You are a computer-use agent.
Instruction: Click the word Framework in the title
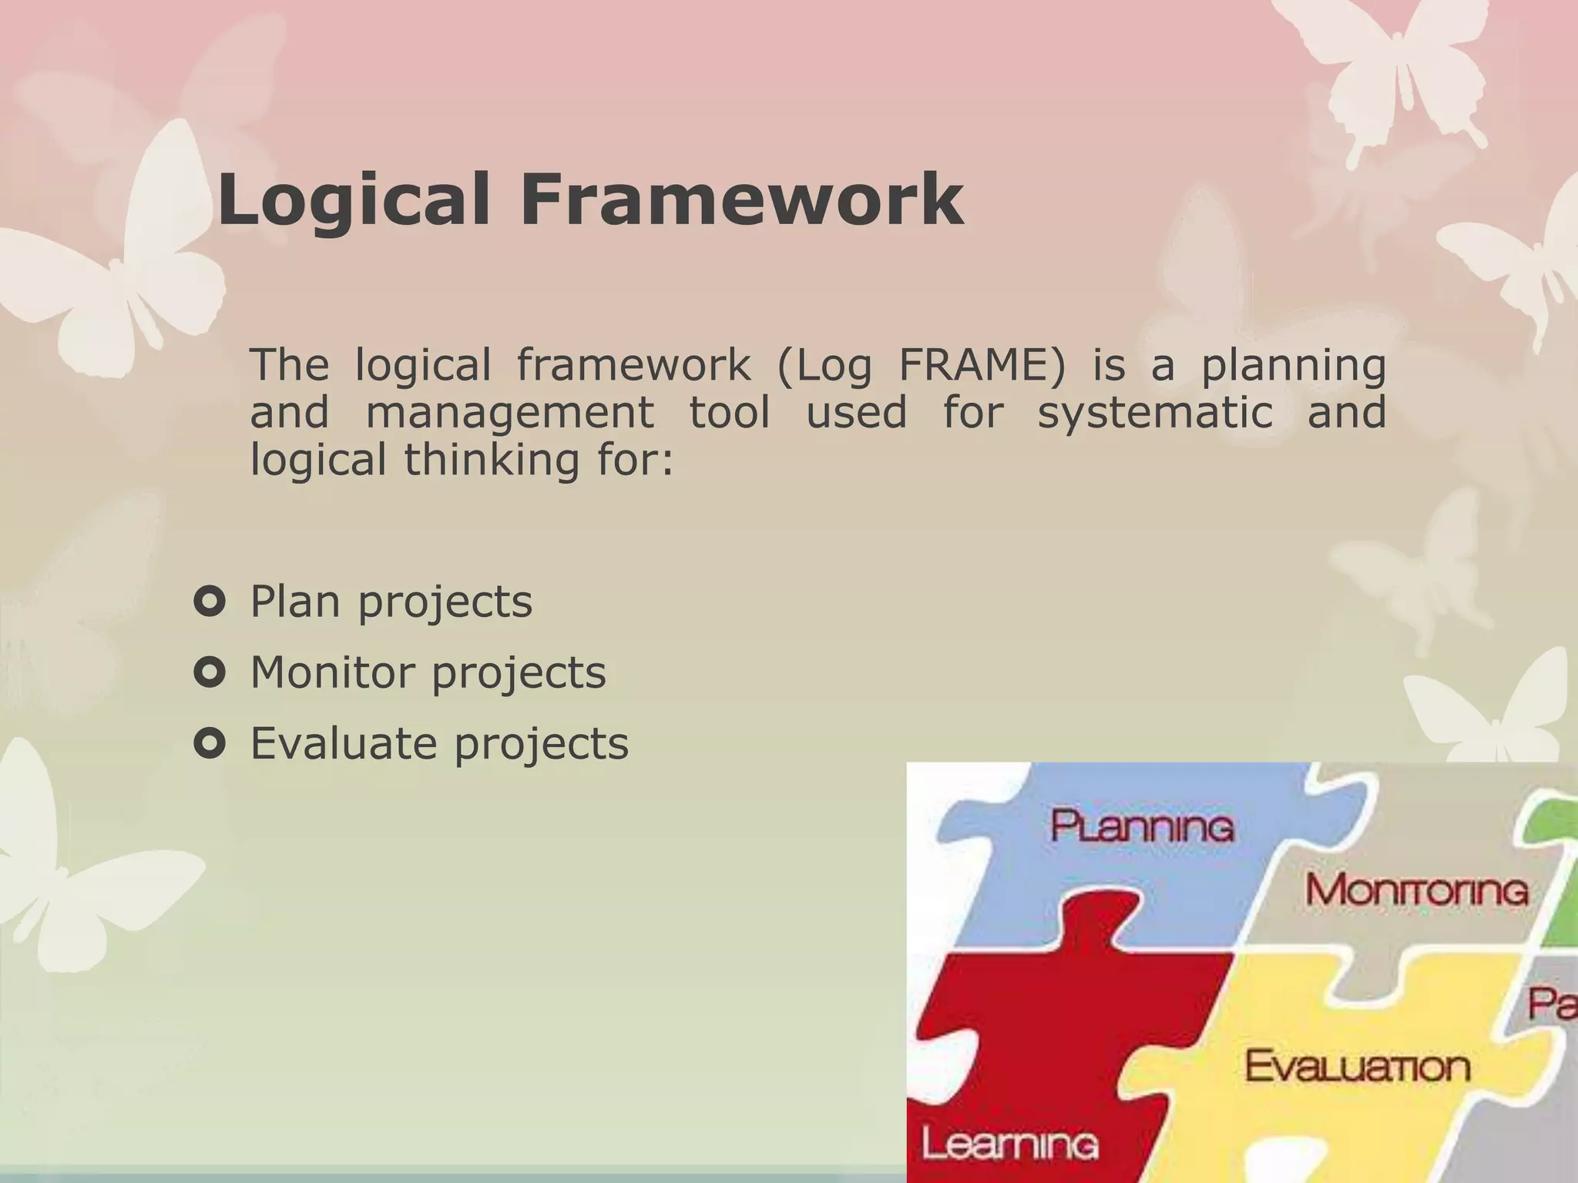click(x=741, y=199)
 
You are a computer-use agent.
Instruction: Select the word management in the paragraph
click(x=509, y=413)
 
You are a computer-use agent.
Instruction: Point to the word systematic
click(x=1154, y=412)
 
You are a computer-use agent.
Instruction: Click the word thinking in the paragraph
click(x=491, y=460)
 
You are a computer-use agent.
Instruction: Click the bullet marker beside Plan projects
click(x=210, y=602)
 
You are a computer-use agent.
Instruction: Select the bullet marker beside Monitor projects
click(x=210, y=672)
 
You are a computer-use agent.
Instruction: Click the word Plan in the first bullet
click(x=295, y=602)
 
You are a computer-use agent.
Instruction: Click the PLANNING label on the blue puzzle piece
click(x=1142, y=826)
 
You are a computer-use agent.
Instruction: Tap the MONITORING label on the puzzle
click(x=1416, y=890)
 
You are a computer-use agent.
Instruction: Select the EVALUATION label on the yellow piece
click(x=1357, y=1067)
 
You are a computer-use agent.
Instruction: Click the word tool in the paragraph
click(x=729, y=413)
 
